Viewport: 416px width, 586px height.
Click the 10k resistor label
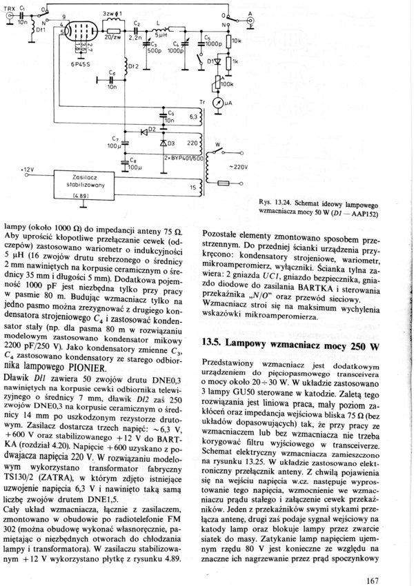pos(237,41)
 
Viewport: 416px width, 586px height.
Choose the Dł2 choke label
pos(134,67)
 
